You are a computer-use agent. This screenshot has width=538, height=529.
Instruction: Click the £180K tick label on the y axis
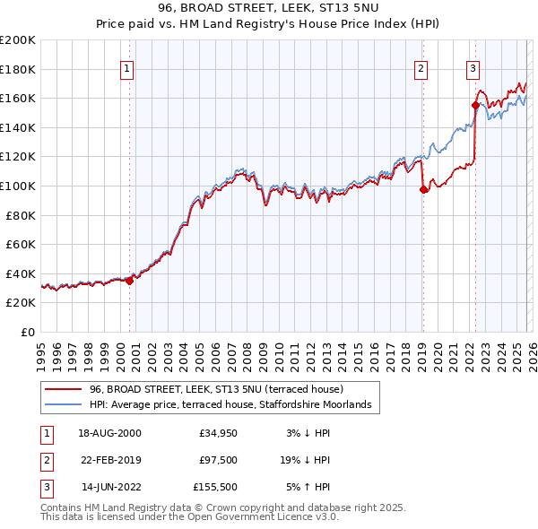point(18,69)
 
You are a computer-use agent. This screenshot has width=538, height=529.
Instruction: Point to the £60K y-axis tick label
point(21,244)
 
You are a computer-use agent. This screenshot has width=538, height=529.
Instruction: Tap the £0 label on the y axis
point(27,332)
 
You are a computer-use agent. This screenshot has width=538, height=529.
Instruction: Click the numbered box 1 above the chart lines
point(126,68)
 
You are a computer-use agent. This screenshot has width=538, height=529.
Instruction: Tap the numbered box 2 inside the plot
point(421,68)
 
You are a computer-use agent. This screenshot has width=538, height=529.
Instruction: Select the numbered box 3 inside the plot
point(473,68)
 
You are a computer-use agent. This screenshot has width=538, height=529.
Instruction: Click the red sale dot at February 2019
point(423,189)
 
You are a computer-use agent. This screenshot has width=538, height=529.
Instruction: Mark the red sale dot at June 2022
point(475,105)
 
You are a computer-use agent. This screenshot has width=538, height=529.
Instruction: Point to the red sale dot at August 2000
point(130,281)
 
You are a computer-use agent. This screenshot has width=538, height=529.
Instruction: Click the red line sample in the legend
point(64,390)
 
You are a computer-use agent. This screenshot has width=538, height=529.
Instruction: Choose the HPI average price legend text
point(235,405)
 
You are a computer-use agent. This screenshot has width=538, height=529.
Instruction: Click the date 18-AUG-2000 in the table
point(109,433)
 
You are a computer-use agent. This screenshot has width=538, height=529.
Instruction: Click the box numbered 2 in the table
point(45,460)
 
